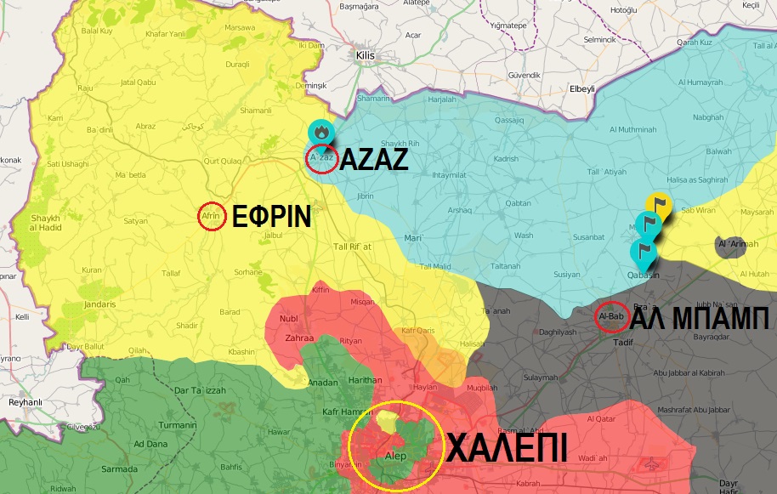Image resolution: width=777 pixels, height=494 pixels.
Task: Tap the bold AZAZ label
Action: click(x=374, y=160)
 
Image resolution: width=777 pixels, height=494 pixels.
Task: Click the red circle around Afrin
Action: click(x=211, y=217)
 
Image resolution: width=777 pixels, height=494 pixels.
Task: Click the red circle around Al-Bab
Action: click(x=612, y=316)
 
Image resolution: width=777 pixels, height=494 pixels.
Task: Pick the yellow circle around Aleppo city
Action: click(x=395, y=445)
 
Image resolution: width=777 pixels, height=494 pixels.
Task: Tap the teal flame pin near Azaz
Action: click(x=321, y=132)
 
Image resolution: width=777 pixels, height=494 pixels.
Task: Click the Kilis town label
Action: click(x=366, y=55)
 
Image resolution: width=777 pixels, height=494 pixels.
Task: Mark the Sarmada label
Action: click(x=119, y=469)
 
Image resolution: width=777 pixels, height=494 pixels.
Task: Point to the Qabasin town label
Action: click(x=643, y=275)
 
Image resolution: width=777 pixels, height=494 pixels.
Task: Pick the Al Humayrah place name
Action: click(x=700, y=82)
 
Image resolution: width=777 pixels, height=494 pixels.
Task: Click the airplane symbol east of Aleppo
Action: click(x=653, y=465)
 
